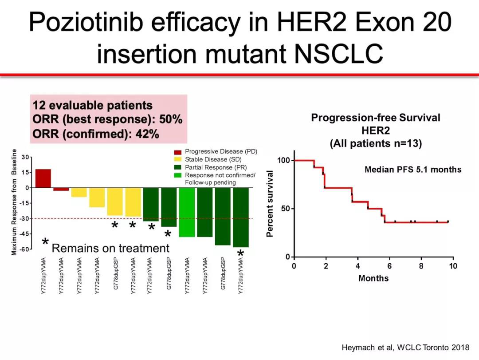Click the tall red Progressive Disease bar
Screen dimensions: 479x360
pos(43,178)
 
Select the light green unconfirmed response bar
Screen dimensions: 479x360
pos(187,212)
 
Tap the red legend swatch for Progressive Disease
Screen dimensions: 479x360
pos(178,152)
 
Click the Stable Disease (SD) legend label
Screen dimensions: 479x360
pos(213,159)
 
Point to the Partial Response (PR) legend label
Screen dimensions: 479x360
pos(216,167)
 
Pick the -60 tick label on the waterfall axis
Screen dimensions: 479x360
pos(25,249)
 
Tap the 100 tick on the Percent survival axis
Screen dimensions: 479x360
pos(283,160)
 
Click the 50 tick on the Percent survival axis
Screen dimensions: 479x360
pos(285,209)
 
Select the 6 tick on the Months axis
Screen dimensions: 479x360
pos(389,266)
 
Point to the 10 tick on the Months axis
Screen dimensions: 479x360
pos(453,266)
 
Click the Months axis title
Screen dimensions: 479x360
pos(373,278)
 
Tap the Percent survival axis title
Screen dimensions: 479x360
pos(270,204)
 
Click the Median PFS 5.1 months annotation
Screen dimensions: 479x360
pos(413,170)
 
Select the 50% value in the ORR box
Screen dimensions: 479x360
pos(171,119)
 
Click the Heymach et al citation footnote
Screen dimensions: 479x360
pos(405,348)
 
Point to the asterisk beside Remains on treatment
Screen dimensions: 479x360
pos(45,242)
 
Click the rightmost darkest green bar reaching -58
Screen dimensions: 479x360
pos(241,218)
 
